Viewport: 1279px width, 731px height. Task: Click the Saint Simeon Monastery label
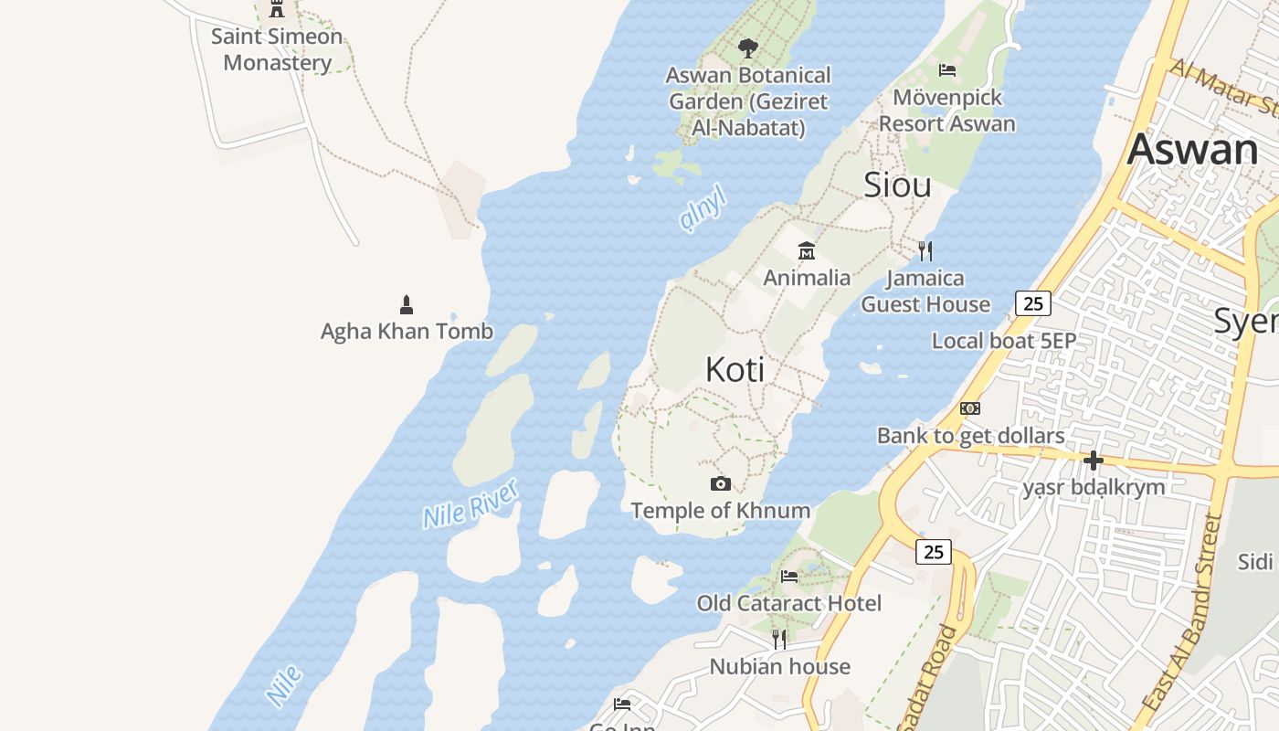coord(277,49)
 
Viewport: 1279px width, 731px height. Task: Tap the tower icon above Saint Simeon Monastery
coord(277,9)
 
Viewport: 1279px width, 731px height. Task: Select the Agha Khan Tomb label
coord(407,331)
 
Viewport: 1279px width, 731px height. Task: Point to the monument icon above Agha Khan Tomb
coord(407,304)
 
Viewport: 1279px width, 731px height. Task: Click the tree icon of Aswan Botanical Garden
coord(748,48)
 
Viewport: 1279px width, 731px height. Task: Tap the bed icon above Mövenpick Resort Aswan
coord(947,70)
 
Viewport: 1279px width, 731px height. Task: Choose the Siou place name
coord(897,185)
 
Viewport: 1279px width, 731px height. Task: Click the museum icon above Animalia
coord(807,250)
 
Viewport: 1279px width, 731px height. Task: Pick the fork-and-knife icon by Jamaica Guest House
coord(925,250)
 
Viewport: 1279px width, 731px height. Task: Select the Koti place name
coord(735,369)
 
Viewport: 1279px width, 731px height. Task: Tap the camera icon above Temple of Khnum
coord(721,483)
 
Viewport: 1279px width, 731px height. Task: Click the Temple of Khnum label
coord(721,510)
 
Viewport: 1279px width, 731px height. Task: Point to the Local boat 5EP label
coord(1004,341)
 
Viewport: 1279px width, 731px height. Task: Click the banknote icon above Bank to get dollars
coord(970,408)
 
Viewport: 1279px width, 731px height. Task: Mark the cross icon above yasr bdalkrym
coord(1093,460)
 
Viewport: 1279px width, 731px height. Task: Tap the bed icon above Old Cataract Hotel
coord(789,577)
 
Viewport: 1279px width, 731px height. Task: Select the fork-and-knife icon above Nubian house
coord(779,639)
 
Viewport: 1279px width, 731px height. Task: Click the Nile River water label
coord(471,504)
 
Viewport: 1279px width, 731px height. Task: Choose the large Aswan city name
coord(1192,149)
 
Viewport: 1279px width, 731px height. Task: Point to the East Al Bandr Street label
coord(1184,612)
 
